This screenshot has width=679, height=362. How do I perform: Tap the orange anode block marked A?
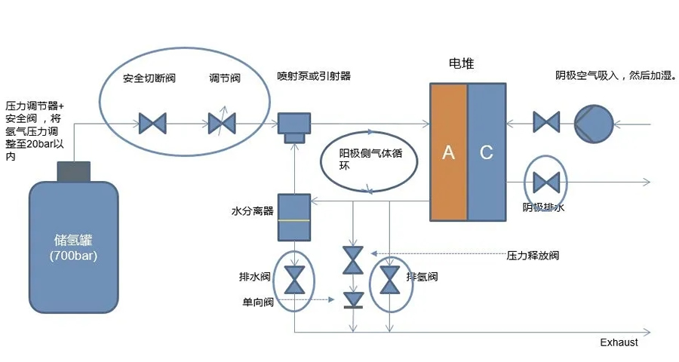pos(448,152)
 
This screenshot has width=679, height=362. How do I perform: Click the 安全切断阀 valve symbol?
pos(152,121)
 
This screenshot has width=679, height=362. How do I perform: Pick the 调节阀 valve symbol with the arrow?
pos(222,121)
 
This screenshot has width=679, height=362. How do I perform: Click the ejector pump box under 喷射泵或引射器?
pos(294,124)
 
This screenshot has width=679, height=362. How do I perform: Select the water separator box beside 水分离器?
pos(294,217)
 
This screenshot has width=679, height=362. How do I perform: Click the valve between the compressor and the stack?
pos(545,121)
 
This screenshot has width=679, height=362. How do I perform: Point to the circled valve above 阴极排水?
pos(545,182)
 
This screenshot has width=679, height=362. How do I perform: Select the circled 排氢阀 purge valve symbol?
pos(389,280)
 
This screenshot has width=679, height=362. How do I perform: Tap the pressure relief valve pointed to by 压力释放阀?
pos(352,260)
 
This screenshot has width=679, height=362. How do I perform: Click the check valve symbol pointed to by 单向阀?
pos(352,299)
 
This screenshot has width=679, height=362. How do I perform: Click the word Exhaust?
pos(619,342)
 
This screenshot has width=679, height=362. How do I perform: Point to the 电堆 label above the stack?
pos(461,63)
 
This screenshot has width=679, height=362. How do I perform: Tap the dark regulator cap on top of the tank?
pos(74,171)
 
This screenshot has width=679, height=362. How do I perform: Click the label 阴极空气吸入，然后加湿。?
pos(615,75)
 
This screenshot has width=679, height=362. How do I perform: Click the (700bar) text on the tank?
pos(73,256)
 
